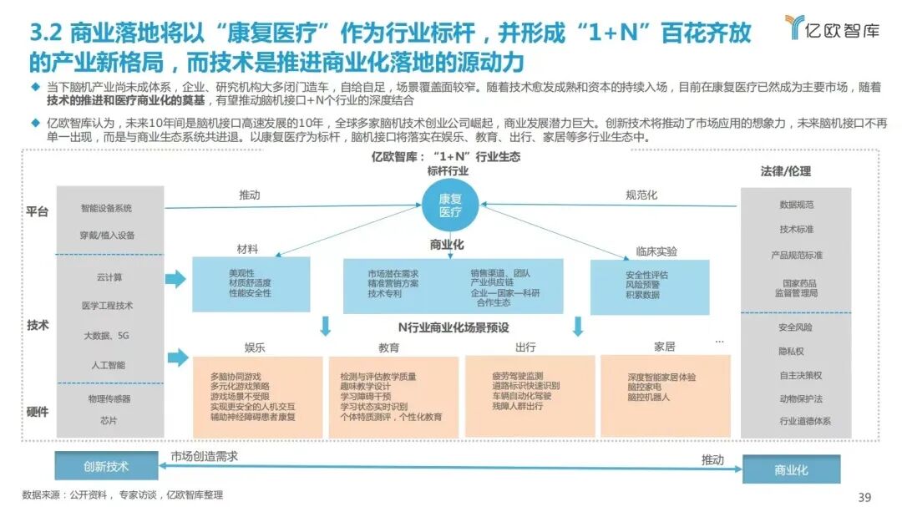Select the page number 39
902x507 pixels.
pyautogui.click(x=864, y=496)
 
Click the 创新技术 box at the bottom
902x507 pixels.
pyautogui.click(x=106, y=466)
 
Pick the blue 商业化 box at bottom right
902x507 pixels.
pyautogui.click(x=791, y=470)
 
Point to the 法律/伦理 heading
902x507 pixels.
pyautogui.click(x=785, y=171)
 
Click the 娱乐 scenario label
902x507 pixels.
pyautogui.click(x=255, y=347)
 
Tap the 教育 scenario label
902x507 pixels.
pyautogui.click(x=389, y=347)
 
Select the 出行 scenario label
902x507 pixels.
pyautogui.click(x=525, y=347)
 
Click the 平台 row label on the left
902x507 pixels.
pyautogui.click(x=37, y=212)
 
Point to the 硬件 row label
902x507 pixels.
pyautogui.click(x=38, y=412)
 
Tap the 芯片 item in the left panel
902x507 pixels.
pyautogui.click(x=109, y=420)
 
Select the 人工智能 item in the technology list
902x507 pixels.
pyautogui.click(x=109, y=365)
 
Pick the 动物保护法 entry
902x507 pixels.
pyautogui.click(x=800, y=398)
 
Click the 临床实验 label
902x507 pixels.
pyautogui.click(x=656, y=251)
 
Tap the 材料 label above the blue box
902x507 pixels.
pyautogui.click(x=247, y=249)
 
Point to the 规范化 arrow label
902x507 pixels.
pyautogui.click(x=641, y=195)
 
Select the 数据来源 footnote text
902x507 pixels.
pyautogui.click(x=122, y=495)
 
